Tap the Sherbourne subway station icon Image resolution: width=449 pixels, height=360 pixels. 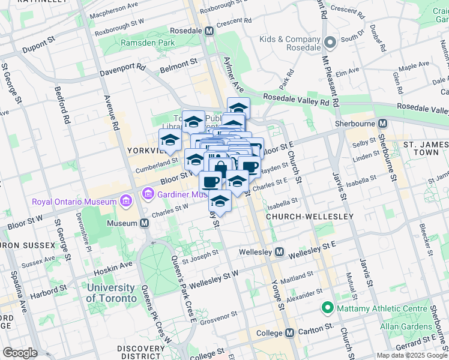click(x=383, y=123)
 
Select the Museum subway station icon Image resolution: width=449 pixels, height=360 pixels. click(x=144, y=223)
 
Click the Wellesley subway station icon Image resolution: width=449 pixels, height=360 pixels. click(x=279, y=253)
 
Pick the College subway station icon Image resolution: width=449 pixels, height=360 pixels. click(x=290, y=332)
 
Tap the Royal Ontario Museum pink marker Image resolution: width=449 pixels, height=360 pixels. click(x=126, y=200)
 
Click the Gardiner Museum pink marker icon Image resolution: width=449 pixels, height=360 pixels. click(x=147, y=194)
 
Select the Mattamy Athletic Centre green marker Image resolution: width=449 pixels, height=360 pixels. click(x=327, y=308)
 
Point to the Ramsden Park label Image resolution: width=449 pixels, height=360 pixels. click(x=148, y=43)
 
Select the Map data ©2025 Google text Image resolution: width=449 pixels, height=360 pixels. click(x=412, y=355)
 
